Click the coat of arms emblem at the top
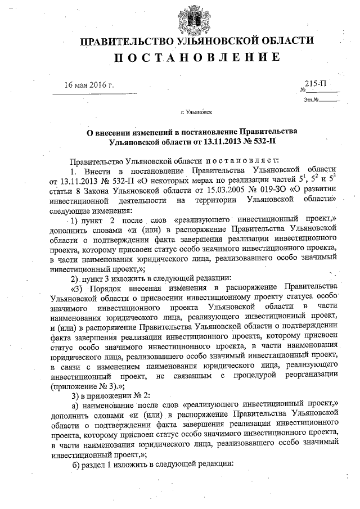pyautogui.click(x=196, y=17)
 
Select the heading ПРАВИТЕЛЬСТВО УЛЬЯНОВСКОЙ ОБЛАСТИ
pyautogui.click(x=196, y=42)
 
